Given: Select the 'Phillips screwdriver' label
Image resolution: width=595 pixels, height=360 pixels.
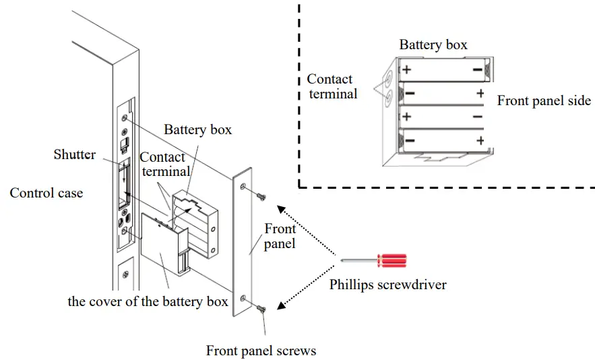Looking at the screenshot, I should click(x=387, y=284).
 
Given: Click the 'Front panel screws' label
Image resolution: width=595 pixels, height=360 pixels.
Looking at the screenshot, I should click(x=261, y=351).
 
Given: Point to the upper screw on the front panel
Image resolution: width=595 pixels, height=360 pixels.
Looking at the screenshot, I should click(x=261, y=196).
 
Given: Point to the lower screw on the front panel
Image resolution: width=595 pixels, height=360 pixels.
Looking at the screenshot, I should click(x=261, y=308).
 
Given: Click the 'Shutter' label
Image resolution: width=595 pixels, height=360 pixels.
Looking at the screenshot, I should click(x=74, y=154).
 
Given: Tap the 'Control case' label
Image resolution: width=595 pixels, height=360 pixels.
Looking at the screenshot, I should click(x=46, y=193).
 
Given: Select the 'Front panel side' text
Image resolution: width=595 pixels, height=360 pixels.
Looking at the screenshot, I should click(x=544, y=101).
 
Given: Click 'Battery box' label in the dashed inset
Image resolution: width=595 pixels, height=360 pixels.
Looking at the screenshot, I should click(x=433, y=45).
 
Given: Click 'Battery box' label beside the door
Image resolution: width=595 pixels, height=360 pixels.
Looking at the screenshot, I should click(x=197, y=129).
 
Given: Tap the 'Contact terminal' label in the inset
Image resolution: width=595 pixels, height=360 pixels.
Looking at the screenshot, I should click(x=332, y=86).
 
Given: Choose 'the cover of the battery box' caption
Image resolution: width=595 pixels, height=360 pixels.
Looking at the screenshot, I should click(x=148, y=301).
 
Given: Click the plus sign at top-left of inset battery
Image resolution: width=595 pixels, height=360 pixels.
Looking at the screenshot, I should click(x=406, y=69).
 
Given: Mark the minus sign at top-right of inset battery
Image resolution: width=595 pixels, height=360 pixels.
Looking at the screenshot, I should click(x=478, y=69).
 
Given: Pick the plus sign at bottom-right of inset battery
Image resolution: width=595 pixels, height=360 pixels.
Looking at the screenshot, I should click(x=480, y=140).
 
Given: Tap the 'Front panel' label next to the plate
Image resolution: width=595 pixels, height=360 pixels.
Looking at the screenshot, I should click(x=280, y=236).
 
